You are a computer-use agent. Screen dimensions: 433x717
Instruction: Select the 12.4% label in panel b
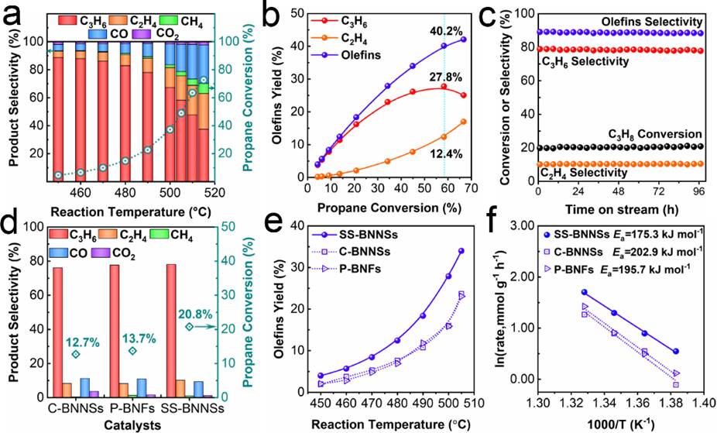tap(445, 154)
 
